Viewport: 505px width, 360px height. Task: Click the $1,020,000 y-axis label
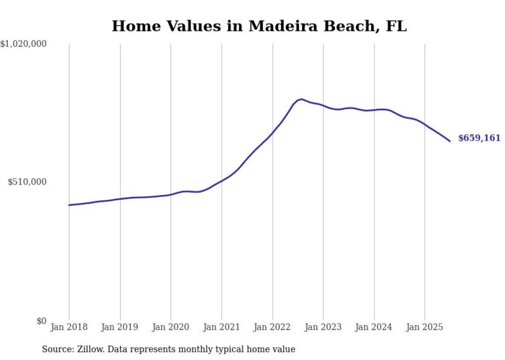click(x=24, y=44)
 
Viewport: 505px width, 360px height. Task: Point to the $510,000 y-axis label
click(x=27, y=182)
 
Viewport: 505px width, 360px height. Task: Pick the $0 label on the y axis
click(x=41, y=321)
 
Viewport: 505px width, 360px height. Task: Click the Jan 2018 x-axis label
click(x=69, y=327)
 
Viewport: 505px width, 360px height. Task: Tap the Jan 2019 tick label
click(x=120, y=327)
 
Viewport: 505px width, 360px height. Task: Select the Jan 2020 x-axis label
click(x=171, y=327)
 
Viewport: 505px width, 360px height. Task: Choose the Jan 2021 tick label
click(x=222, y=327)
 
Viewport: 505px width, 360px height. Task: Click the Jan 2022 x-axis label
click(x=273, y=327)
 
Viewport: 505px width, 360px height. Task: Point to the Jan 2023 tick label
click(x=323, y=327)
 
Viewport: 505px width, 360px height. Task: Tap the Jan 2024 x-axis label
click(x=374, y=327)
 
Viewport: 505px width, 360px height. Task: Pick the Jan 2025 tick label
click(x=425, y=327)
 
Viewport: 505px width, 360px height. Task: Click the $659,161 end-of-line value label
click(x=479, y=138)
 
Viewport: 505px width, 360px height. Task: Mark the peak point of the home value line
click(x=301, y=99)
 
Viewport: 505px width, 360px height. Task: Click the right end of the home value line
click(x=450, y=141)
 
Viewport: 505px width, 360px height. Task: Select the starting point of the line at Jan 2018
click(x=69, y=205)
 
